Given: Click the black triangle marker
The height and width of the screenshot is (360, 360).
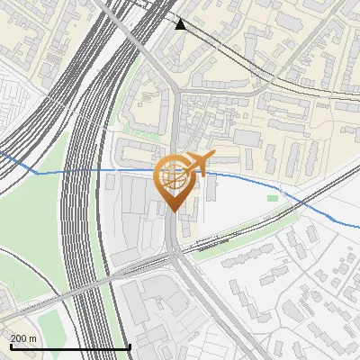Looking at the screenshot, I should [181, 24].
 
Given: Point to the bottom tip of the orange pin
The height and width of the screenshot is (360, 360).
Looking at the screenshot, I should [173, 211].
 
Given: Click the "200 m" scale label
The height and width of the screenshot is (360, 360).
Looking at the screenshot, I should [24, 337].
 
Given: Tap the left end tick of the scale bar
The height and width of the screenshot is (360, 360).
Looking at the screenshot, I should [10, 346].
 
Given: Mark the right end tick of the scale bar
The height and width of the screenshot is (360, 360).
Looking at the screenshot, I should [130, 346].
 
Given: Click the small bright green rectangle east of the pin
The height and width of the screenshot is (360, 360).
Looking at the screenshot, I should [273, 197].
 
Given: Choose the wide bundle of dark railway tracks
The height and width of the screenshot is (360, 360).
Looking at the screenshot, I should [81, 225].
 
